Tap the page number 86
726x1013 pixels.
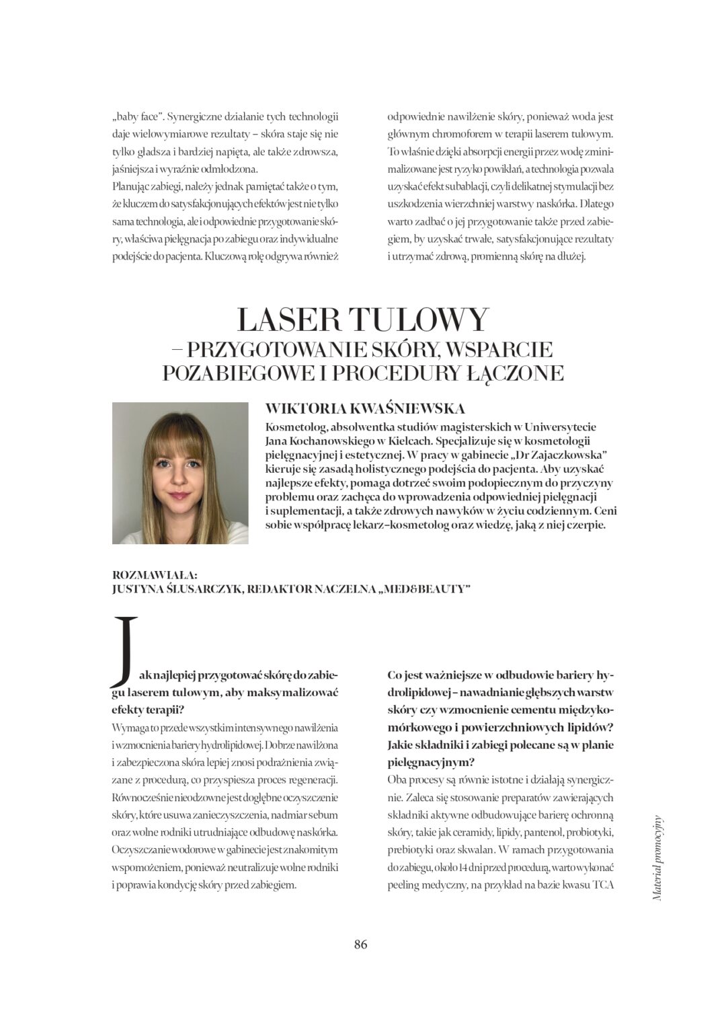tap(361, 944)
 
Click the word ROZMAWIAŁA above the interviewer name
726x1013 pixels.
tap(155, 574)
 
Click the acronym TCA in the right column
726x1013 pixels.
tap(603, 885)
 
